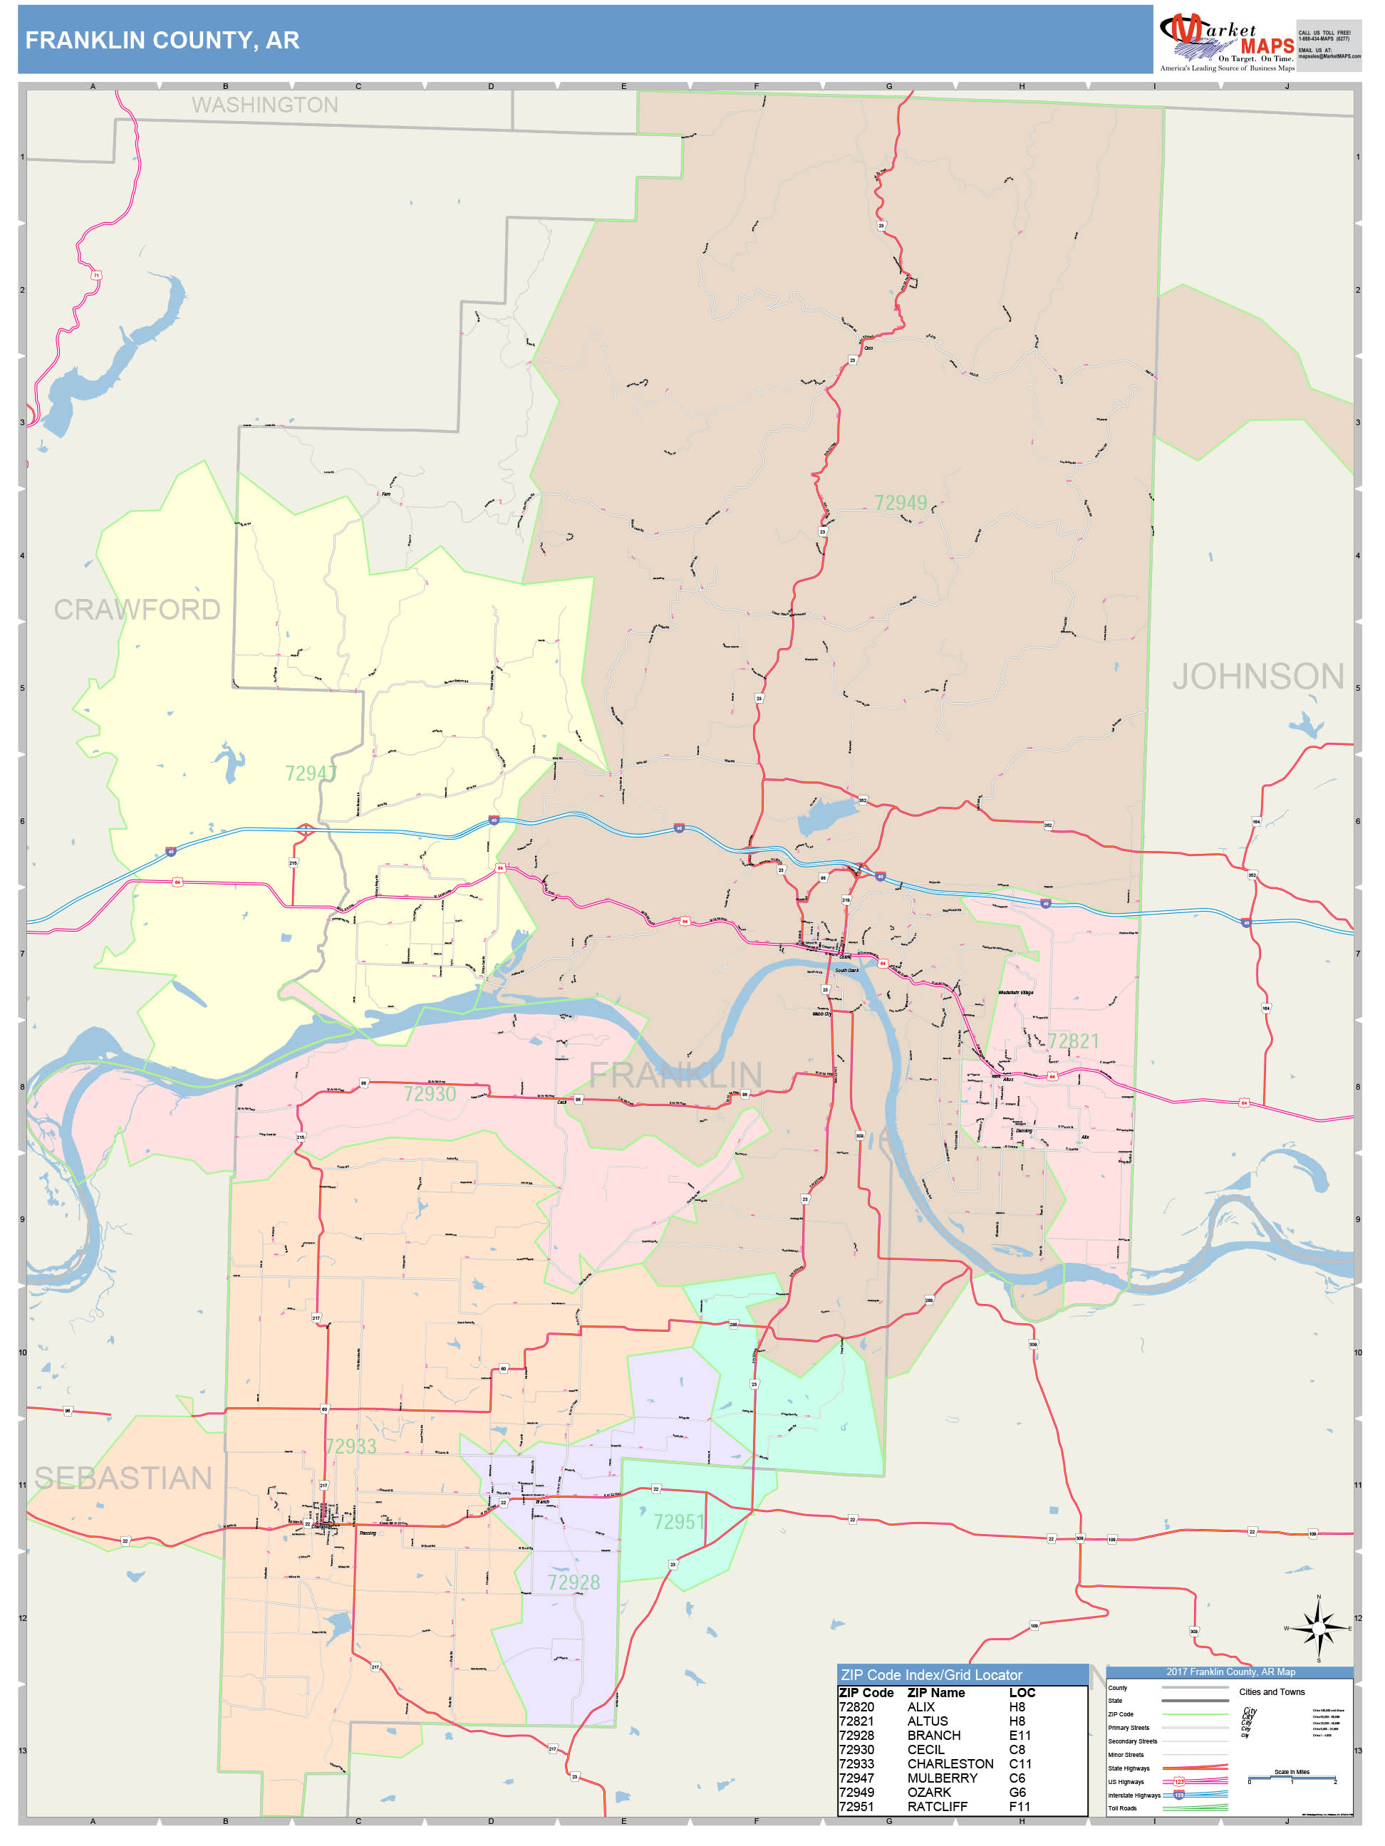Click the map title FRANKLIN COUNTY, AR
162,40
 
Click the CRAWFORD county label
137,610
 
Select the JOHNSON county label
1257,677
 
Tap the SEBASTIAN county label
123,1478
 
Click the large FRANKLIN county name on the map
675,1075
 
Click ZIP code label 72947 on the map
311,773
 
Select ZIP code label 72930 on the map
430,1093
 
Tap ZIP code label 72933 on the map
351,1446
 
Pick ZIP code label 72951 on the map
679,1521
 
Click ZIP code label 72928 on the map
574,1582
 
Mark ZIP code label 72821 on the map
1074,1041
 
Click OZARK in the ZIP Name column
928,1792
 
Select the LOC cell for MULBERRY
1017,1778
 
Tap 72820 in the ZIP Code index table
856,1706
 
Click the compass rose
1318,1627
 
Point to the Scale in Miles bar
1292,1778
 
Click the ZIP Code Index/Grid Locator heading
931,1675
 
